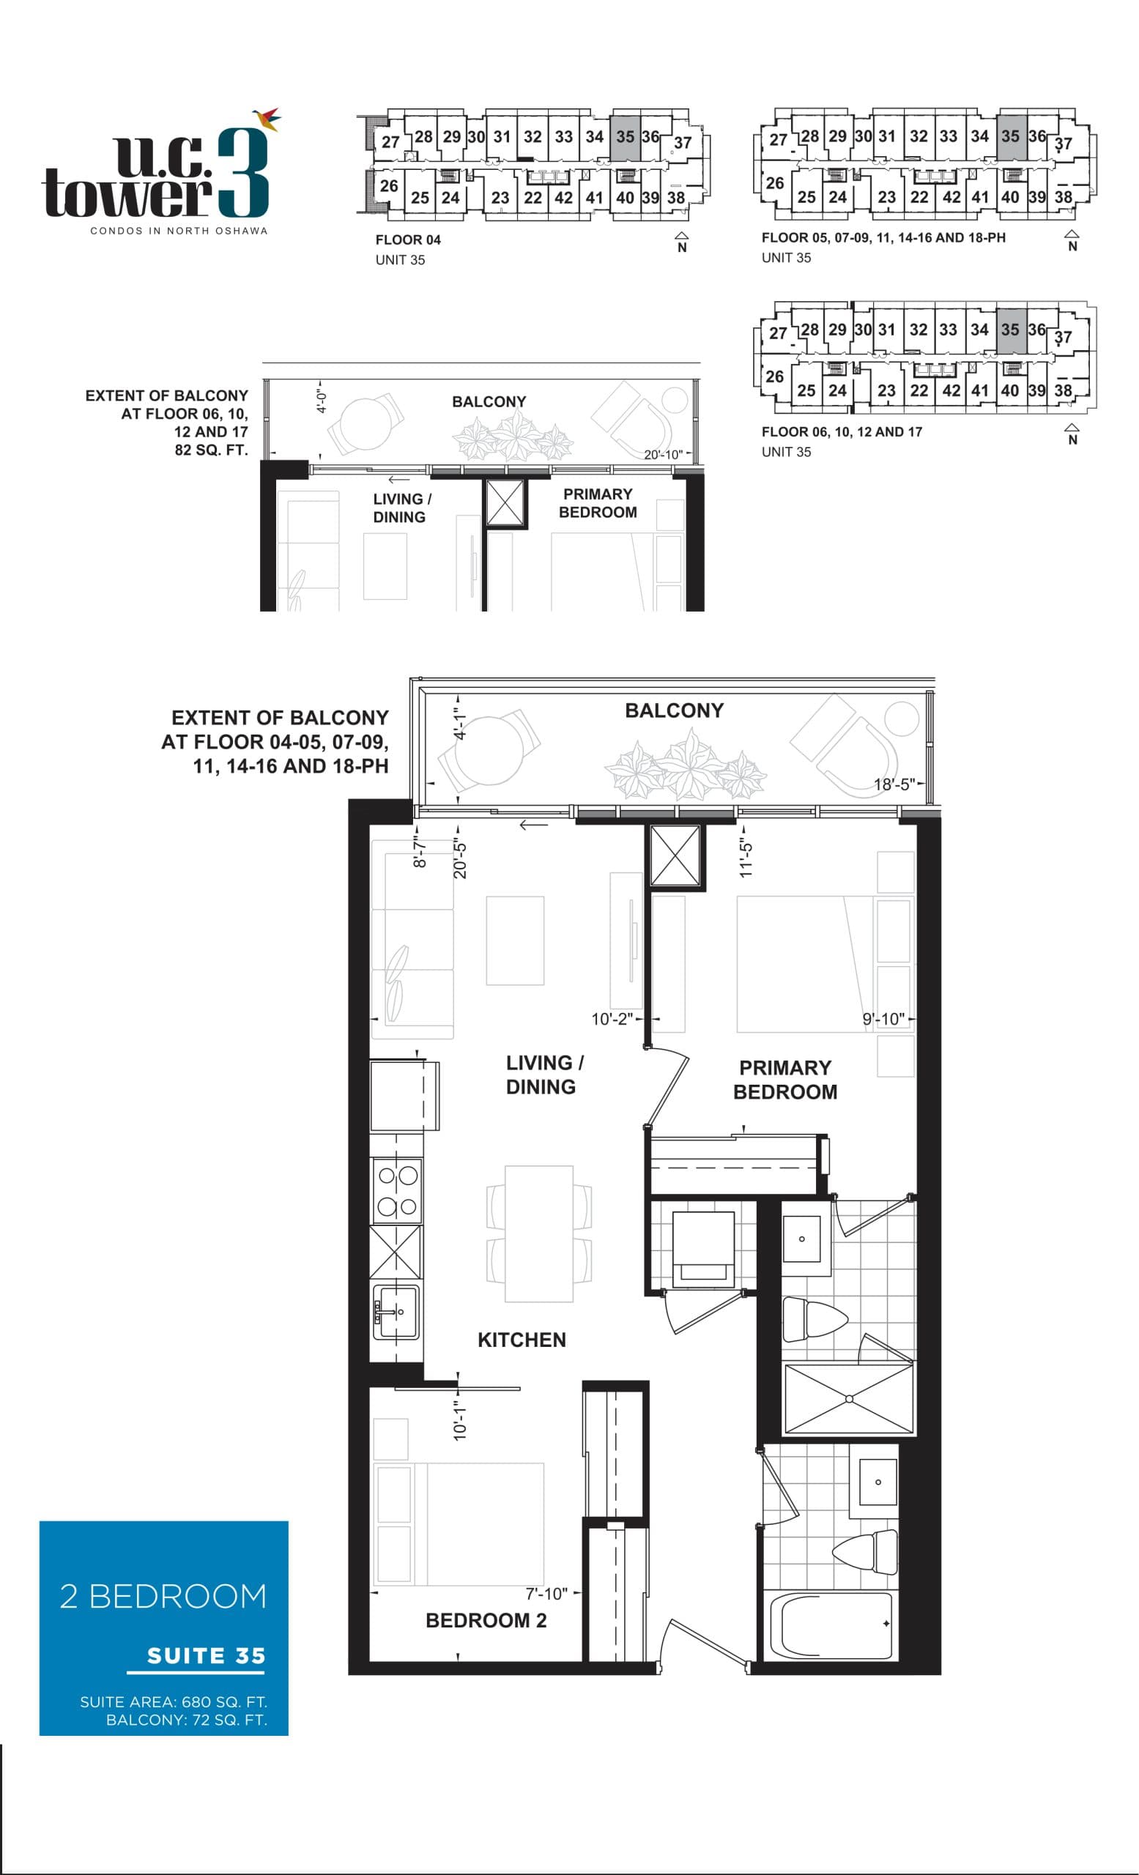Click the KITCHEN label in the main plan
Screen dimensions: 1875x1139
click(522, 1340)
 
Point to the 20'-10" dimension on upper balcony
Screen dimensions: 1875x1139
click(662, 454)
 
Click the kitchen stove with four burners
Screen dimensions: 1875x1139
click(396, 1191)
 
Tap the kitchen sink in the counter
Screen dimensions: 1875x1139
click(395, 1312)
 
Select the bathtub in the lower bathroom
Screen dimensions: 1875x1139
click(831, 1626)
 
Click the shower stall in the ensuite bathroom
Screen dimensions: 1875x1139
click(848, 1399)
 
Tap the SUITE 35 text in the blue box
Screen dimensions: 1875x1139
click(205, 1656)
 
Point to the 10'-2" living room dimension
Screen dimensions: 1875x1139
click(612, 1019)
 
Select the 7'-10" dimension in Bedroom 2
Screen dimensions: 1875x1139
click(546, 1594)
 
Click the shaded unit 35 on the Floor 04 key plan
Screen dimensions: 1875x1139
click(625, 137)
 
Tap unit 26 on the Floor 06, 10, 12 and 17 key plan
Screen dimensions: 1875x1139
click(773, 376)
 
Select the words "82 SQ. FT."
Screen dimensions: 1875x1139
click(211, 450)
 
